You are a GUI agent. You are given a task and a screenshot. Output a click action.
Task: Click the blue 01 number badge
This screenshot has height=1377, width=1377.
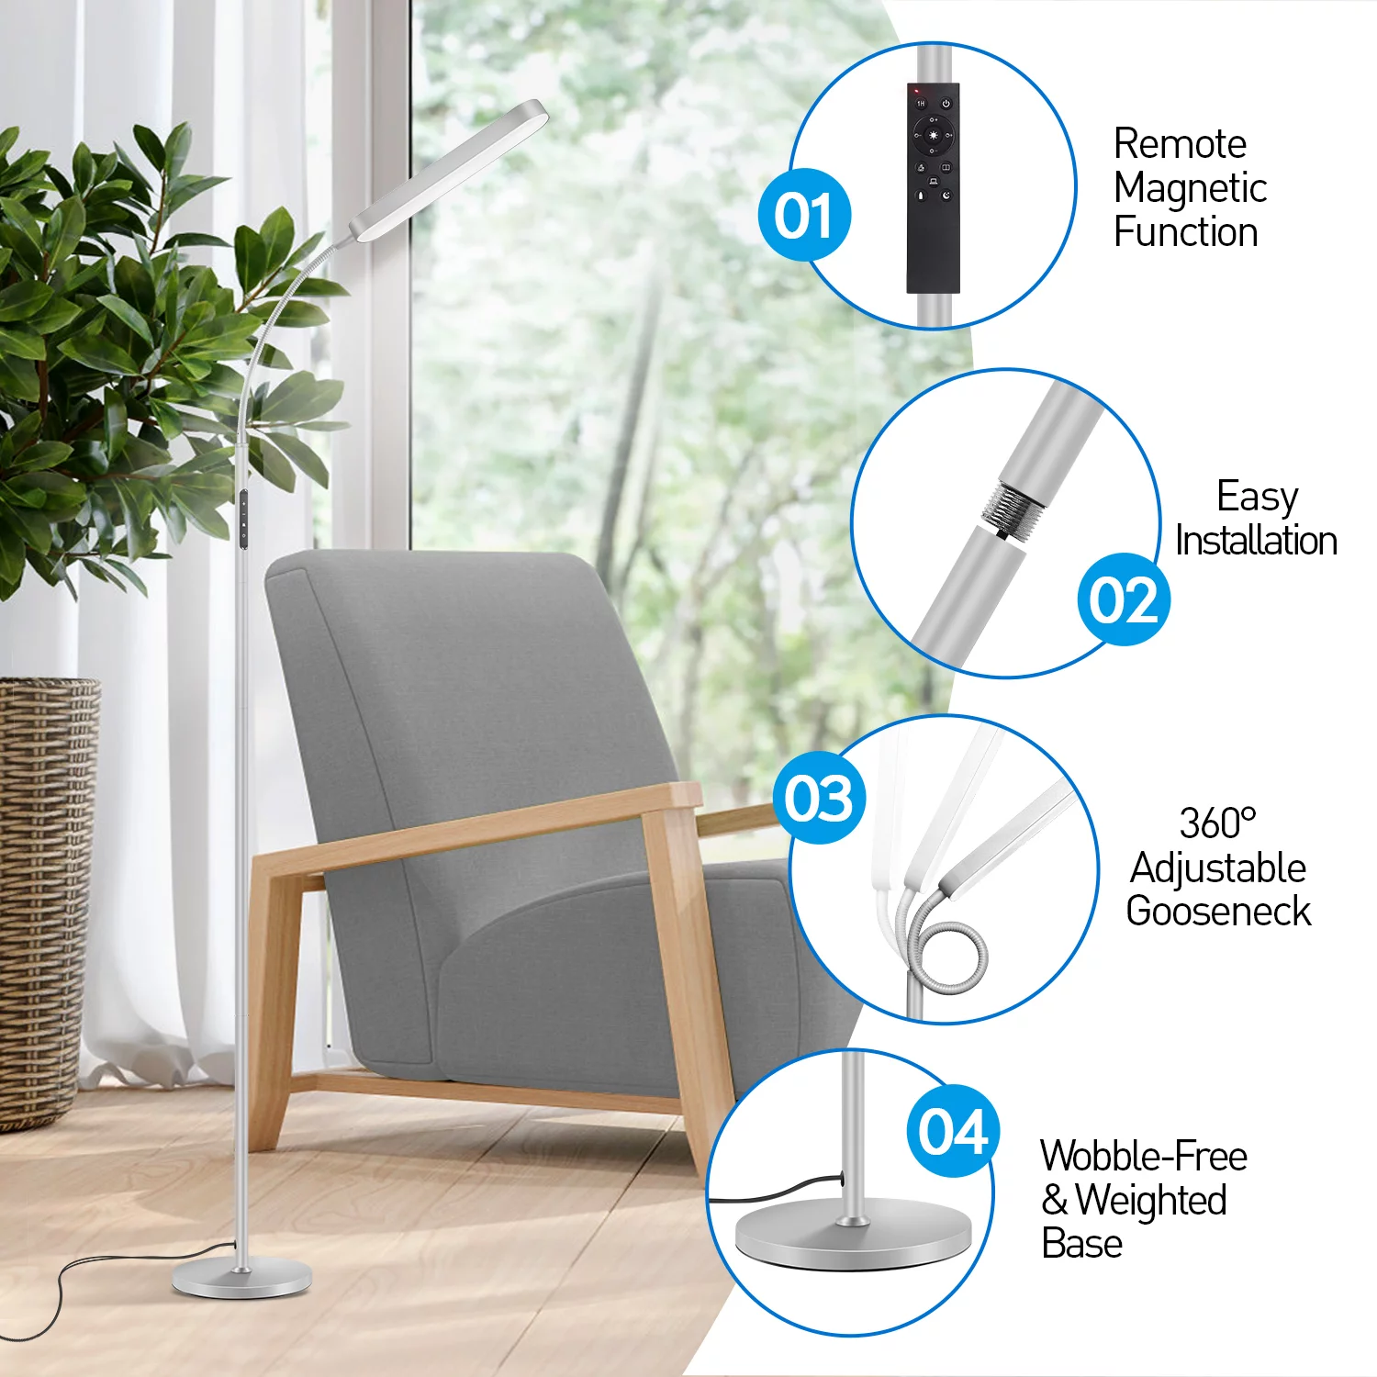click(x=805, y=216)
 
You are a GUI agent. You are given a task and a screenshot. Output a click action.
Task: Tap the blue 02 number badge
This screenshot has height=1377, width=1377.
click(x=1124, y=599)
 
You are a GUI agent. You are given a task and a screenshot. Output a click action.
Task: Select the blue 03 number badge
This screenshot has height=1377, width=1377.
click(x=819, y=798)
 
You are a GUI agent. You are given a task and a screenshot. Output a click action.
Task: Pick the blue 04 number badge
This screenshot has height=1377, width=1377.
click(x=953, y=1131)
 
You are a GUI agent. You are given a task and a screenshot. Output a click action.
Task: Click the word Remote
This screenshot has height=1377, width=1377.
click(x=1180, y=144)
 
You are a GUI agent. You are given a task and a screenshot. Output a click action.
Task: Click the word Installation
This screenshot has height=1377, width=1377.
click(x=1256, y=541)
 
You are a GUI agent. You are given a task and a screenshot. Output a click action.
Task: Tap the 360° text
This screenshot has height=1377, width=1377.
click(x=1217, y=823)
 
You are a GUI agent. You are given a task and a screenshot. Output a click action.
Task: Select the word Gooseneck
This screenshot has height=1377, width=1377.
click(x=1218, y=911)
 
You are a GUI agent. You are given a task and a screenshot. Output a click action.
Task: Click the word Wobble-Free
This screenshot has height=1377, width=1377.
click(x=1144, y=1156)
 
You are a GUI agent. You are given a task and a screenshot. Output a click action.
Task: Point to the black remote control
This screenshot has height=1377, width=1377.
click(x=933, y=188)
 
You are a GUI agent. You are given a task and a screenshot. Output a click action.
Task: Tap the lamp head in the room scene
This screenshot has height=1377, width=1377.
click(x=448, y=171)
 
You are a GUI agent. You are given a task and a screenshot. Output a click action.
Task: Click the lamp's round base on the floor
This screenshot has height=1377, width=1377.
click(x=242, y=1279)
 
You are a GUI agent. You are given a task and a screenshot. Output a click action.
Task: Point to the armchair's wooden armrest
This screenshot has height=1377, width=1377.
click(x=477, y=827)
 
